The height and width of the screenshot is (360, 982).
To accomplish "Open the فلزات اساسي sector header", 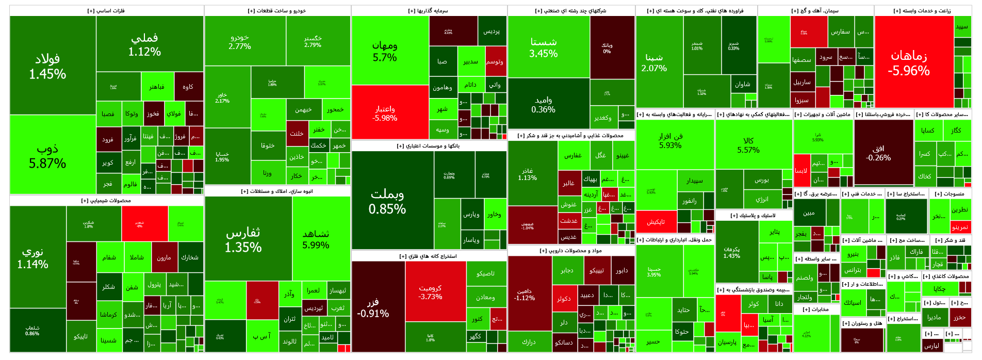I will click(106, 11).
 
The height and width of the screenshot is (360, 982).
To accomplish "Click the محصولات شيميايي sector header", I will click(106, 201).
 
